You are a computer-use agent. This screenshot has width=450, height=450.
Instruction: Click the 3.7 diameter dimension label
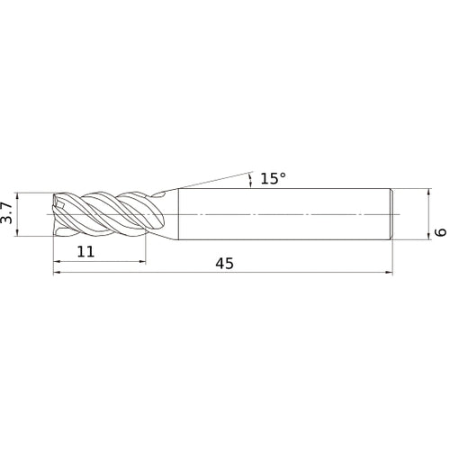click(x=6, y=213)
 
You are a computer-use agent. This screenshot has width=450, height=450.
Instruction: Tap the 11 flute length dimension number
click(x=85, y=251)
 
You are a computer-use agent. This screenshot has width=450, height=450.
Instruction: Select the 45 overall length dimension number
click(x=224, y=264)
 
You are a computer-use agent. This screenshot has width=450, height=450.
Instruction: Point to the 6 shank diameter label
click(x=441, y=232)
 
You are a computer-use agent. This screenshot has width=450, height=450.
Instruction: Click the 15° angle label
click(x=273, y=178)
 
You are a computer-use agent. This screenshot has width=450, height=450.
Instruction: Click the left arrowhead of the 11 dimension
click(x=57, y=262)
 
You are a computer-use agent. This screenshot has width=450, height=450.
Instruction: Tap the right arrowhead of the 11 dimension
click(x=142, y=262)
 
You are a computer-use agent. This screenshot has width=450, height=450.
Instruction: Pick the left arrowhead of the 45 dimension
click(x=57, y=273)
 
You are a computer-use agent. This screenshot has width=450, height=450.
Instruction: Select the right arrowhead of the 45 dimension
click(x=389, y=273)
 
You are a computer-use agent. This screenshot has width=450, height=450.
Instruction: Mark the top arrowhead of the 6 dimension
click(x=429, y=192)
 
